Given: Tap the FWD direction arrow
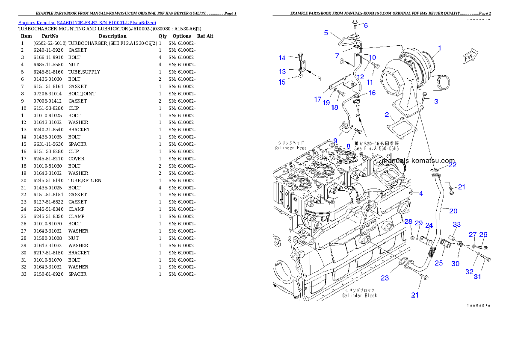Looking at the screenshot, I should point(469,58).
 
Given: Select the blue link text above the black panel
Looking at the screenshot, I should point(87,22).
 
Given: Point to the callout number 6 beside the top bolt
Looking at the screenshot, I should point(365,26).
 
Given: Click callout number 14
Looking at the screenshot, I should point(282,58).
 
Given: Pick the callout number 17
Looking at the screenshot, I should point(317,99).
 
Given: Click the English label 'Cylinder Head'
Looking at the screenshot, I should point(290,148).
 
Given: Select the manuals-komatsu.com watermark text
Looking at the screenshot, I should point(419,161).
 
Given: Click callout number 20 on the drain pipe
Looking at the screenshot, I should point(453,211).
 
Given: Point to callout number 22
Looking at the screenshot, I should point(452,165).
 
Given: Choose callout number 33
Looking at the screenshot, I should point(457,225).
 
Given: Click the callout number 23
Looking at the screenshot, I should point(385,278).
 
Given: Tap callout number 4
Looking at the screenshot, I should point(421,193).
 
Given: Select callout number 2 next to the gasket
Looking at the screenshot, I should point(386,115).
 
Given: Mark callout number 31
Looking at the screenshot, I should point(477,277).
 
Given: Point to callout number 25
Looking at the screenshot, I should point(438,263).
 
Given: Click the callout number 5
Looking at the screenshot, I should point(326,32).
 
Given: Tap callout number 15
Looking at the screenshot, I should point(282,82).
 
